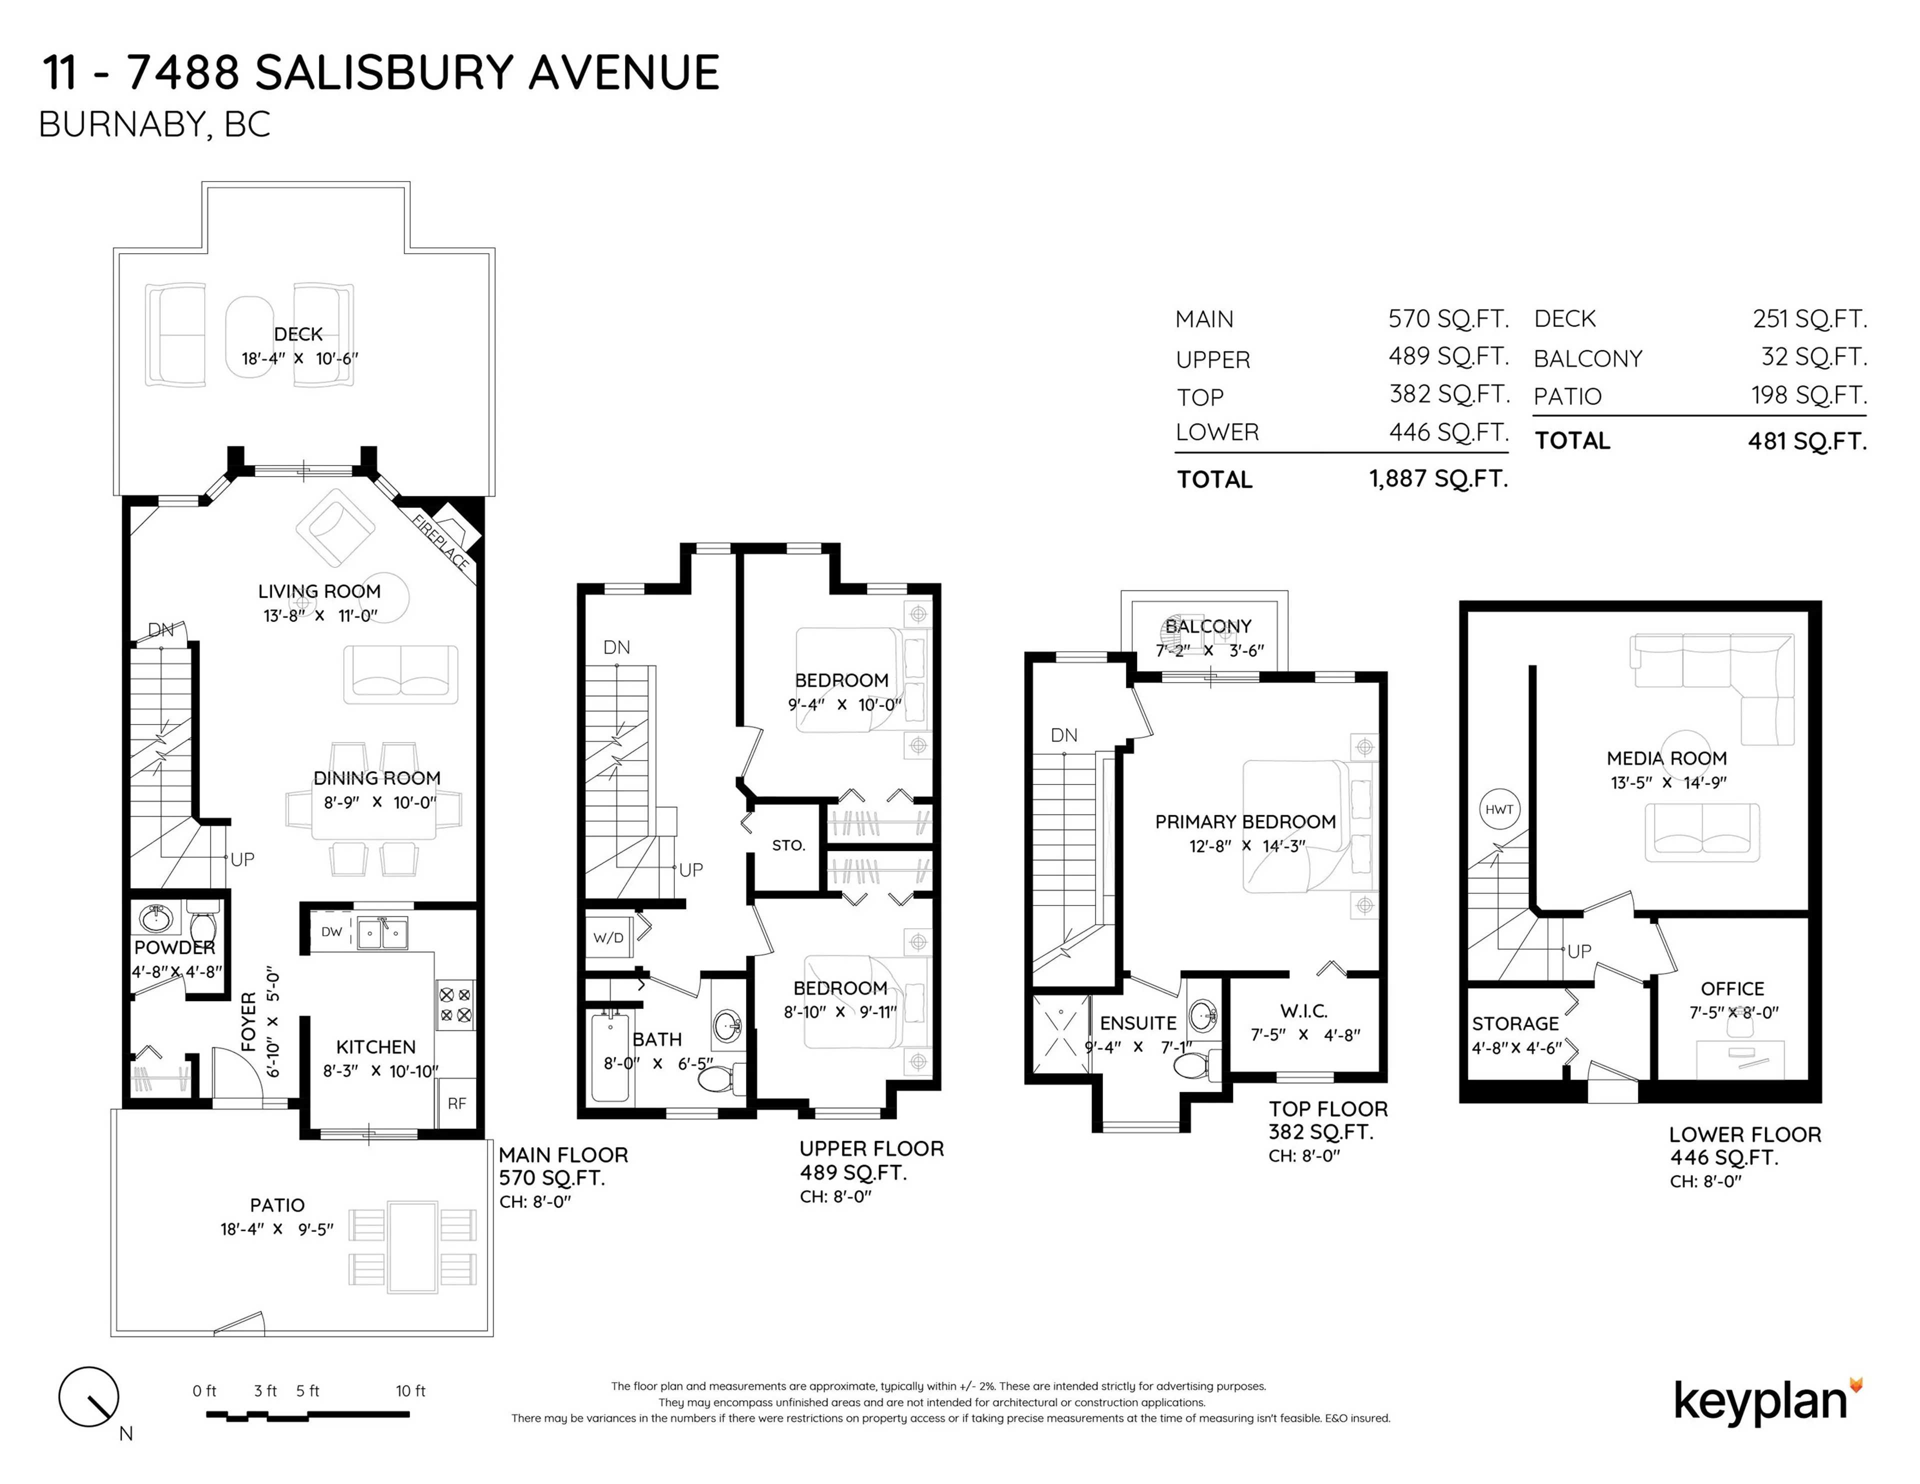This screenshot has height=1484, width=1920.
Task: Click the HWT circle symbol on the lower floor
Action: [x=1499, y=809]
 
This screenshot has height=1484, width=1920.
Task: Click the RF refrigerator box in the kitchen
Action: [x=457, y=1103]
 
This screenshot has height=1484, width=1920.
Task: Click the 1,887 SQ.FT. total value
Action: [x=1438, y=479]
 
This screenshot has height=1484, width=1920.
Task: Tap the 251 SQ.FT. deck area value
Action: [x=1809, y=319]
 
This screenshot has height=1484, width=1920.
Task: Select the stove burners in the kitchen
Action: [x=455, y=1005]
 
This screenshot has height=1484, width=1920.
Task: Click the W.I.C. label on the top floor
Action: [x=1303, y=1011]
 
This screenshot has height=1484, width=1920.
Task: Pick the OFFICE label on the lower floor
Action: [x=1732, y=988]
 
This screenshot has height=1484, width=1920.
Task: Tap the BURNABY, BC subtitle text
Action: [x=154, y=125]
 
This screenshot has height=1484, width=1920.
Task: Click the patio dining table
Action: [x=413, y=1246]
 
